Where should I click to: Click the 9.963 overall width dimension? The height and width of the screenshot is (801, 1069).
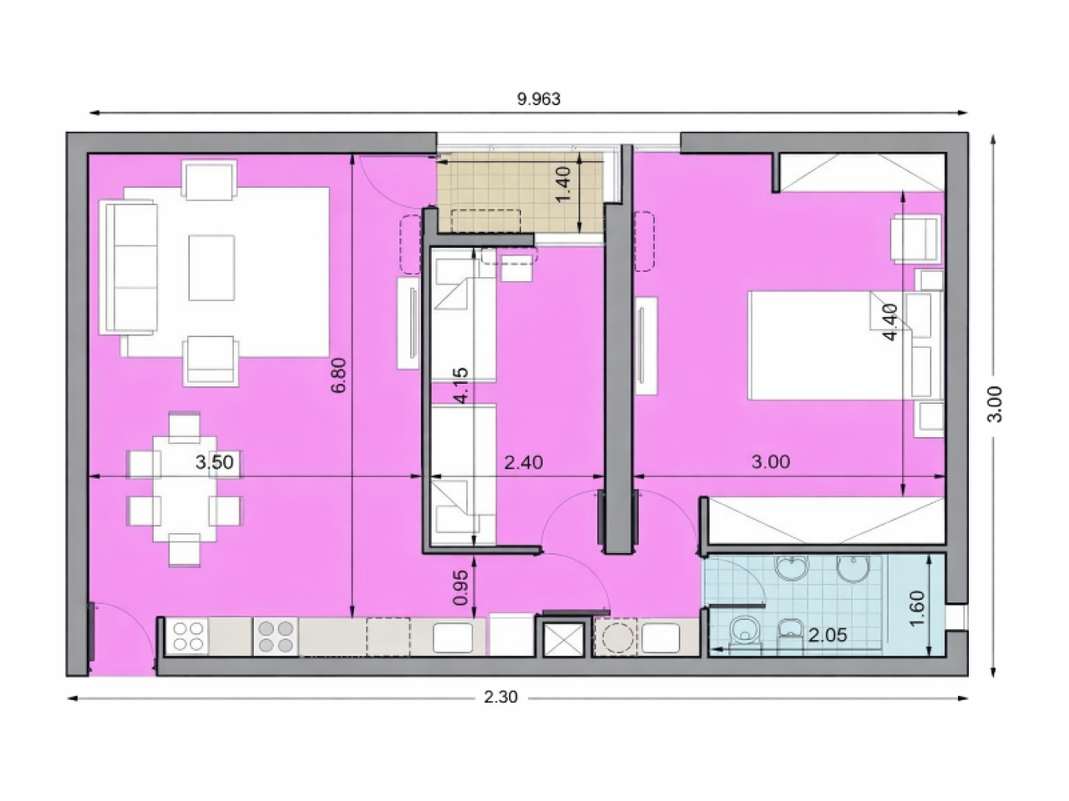[x=538, y=99]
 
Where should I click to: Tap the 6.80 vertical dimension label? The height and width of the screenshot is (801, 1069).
[x=338, y=375]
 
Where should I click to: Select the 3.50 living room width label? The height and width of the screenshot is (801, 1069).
[x=215, y=462]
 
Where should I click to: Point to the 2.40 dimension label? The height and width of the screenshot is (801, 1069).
[x=524, y=462]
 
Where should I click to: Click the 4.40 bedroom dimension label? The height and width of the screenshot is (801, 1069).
[x=889, y=322]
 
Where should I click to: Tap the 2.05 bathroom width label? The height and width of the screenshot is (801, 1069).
[x=828, y=635]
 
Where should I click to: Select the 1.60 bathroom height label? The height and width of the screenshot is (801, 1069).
[x=916, y=609]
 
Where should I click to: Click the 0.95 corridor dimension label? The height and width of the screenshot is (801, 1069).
[x=461, y=587]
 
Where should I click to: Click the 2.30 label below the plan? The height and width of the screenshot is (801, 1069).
[x=500, y=698]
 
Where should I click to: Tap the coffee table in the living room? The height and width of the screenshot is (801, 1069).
[x=212, y=268]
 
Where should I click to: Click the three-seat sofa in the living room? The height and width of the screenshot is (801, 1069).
[x=129, y=268]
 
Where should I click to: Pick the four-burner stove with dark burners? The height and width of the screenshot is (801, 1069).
[x=276, y=637]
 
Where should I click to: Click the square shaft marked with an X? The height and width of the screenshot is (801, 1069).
[x=564, y=637]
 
